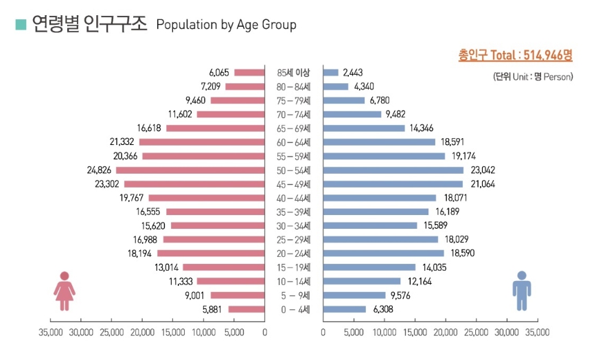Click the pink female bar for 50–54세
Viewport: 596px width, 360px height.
click(x=190, y=170)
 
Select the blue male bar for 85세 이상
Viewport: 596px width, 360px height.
click(x=331, y=73)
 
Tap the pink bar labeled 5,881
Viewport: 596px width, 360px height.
click(x=247, y=309)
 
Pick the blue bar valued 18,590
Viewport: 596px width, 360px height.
click(x=384, y=254)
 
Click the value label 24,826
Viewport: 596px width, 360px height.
click(x=99, y=170)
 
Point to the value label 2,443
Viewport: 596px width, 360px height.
click(x=353, y=73)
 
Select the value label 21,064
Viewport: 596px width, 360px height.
click(x=483, y=184)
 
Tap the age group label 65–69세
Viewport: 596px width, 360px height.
click(x=293, y=128)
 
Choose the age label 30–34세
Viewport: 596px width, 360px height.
click(x=293, y=226)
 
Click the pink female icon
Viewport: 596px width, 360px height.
click(x=65, y=291)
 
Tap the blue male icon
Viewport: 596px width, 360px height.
click(x=522, y=291)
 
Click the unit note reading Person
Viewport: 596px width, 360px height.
click(x=558, y=77)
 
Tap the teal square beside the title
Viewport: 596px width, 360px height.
click(x=21, y=24)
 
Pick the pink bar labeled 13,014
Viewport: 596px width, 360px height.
click(x=224, y=268)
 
